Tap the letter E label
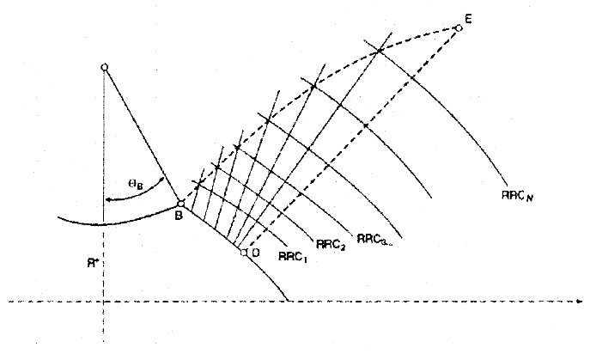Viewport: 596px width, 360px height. tap(469, 17)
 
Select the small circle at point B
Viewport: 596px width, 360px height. tap(180, 204)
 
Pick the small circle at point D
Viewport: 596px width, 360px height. tap(244, 252)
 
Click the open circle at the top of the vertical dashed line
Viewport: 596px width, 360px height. tap(104, 67)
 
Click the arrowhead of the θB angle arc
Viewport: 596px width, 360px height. tap(106, 201)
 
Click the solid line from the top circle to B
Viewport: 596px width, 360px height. tap(142, 135)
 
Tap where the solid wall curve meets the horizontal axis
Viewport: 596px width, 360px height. tap(289, 301)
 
